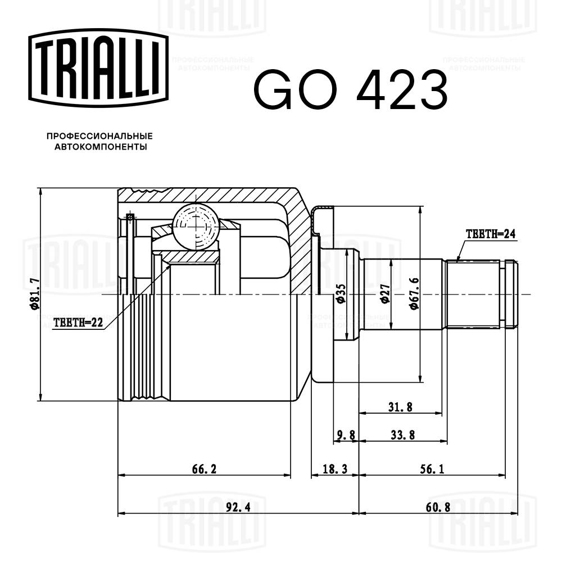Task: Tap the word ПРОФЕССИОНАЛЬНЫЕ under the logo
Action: pos(99,136)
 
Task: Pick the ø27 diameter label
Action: pos(386,293)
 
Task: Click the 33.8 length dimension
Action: pos(402,435)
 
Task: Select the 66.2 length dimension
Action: pos(204,469)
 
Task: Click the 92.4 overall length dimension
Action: pos(238,506)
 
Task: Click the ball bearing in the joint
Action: pos(195,227)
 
